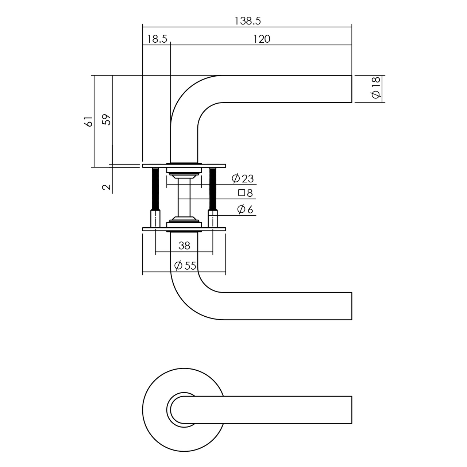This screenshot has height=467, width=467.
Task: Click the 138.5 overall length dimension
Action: pos(247,21)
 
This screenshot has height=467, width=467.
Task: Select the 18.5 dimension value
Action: pos(157,39)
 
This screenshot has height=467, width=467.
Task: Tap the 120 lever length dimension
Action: pos(262,39)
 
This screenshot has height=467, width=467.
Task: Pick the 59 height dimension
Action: pos(106,120)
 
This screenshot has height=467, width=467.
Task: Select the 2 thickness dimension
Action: pos(106,187)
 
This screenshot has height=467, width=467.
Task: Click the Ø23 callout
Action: pos(242,179)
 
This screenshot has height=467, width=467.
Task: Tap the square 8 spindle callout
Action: pos(246,193)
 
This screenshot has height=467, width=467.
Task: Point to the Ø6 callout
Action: pos(245,209)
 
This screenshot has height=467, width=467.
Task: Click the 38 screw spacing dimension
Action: pos(184,246)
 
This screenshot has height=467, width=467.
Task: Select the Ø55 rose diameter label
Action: pos(185,266)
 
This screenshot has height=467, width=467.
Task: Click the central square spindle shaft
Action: pos(184,199)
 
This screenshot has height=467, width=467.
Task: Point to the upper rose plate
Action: pos(184,166)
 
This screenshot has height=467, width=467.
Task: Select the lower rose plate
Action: pos(184,229)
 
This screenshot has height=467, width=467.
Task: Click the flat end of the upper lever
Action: pos(351,89)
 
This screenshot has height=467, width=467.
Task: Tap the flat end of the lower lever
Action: pos(351,306)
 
